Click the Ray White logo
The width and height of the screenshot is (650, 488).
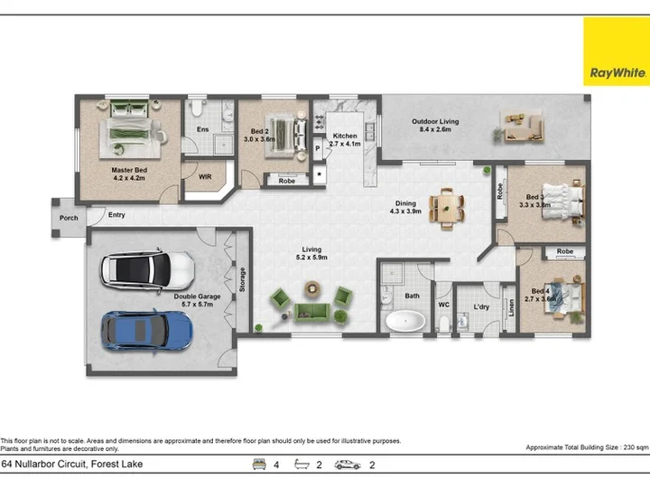point(617,52)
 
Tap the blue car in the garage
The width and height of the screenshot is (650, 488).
point(147,331)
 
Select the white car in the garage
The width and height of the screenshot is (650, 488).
point(147,270)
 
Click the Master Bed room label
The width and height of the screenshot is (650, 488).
point(129,174)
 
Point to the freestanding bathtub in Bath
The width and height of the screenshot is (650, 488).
point(405,321)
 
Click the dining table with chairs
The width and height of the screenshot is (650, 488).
point(447,209)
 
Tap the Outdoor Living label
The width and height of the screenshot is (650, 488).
point(435,126)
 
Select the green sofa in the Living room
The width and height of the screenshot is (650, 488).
point(311,313)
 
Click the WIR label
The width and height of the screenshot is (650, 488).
point(205,177)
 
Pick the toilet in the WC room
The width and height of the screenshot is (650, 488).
point(444,323)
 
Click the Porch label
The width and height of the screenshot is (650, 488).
point(69,218)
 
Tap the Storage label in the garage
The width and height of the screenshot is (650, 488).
point(243,279)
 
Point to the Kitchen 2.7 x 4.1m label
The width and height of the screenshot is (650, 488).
point(345,140)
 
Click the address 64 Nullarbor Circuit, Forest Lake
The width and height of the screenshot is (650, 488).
point(72,464)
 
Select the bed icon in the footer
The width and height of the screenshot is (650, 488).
point(259,465)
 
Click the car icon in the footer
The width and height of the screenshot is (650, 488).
point(348,465)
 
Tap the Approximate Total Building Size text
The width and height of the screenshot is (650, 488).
point(587,447)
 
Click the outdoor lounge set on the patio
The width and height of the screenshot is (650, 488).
point(523,127)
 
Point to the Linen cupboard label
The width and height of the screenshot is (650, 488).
point(511,308)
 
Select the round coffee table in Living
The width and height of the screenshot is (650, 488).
point(312,288)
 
